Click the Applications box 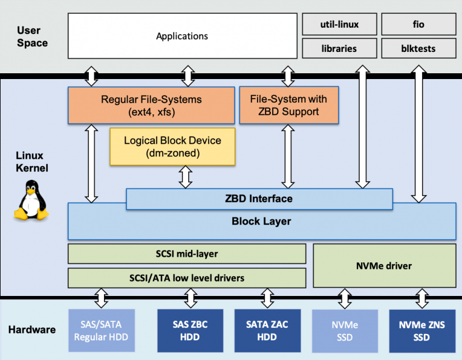182,36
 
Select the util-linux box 339,25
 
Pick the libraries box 339,48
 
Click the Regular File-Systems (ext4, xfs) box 151,105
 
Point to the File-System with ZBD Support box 289,105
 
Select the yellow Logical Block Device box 173,147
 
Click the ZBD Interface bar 259,198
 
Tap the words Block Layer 261,221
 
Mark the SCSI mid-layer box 187,253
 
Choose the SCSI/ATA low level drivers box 187,277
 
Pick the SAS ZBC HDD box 191,331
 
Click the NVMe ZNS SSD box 421,331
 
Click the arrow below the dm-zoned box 185,177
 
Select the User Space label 32,36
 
